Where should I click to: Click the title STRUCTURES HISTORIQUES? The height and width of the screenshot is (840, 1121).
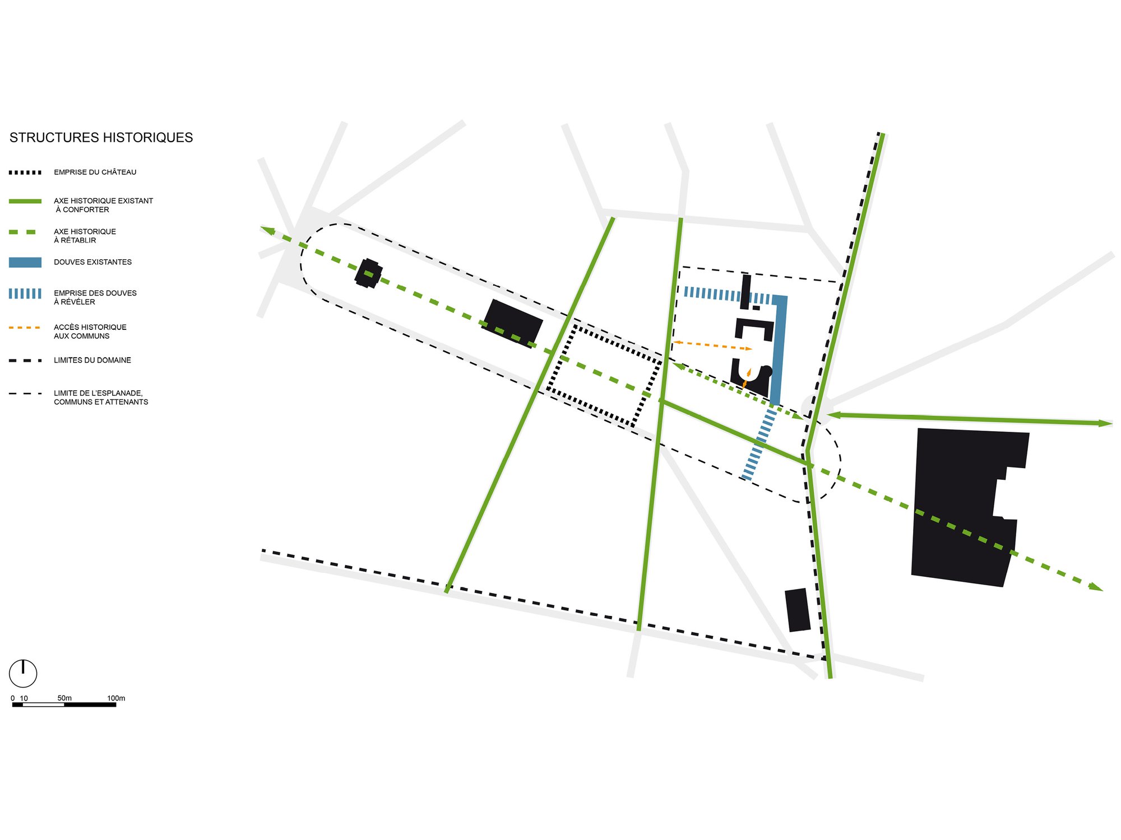click(x=101, y=138)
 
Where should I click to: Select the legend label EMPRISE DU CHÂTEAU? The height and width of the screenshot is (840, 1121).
click(x=95, y=172)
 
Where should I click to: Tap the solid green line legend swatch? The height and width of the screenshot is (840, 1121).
click(x=25, y=201)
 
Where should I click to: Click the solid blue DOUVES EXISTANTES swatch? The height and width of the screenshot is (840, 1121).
click(x=25, y=262)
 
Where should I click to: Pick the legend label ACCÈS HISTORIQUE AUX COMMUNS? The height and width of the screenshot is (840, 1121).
click(x=90, y=332)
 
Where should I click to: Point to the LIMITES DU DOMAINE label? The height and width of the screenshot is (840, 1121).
click(x=92, y=360)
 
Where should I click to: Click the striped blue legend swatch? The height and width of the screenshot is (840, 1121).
click(x=25, y=293)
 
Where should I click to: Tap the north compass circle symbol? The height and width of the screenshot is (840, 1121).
click(x=23, y=673)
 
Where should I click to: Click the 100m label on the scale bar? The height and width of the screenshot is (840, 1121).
click(x=116, y=698)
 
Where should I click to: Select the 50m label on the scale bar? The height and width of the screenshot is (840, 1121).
click(x=64, y=698)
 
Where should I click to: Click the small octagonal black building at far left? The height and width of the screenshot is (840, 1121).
click(x=369, y=273)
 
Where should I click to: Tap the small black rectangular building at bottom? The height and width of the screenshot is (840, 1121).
click(x=798, y=610)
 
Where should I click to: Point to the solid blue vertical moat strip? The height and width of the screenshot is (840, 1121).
click(x=779, y=350)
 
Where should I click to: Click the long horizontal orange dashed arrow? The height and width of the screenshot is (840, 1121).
click(x=712, y=346)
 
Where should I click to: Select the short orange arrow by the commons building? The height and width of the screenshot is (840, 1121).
click(x=747, y=378)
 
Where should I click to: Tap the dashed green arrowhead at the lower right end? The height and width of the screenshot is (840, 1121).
click(x=1096, y=587)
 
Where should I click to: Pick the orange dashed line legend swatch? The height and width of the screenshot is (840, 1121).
click(x=25, y=327)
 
